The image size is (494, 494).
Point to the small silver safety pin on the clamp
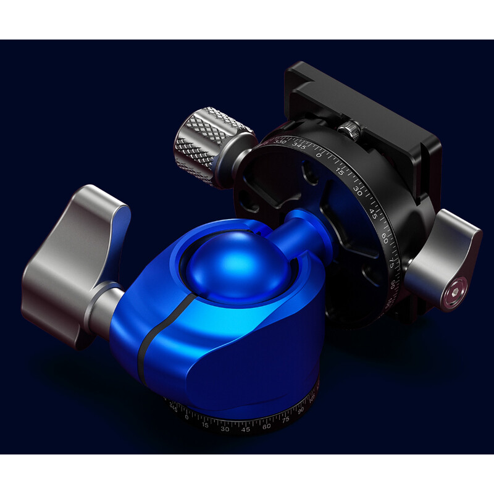348,128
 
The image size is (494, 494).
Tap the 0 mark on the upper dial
319,154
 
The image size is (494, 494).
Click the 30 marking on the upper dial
358,188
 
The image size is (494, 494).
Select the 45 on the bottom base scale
246,429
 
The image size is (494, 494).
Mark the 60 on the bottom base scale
267,425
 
